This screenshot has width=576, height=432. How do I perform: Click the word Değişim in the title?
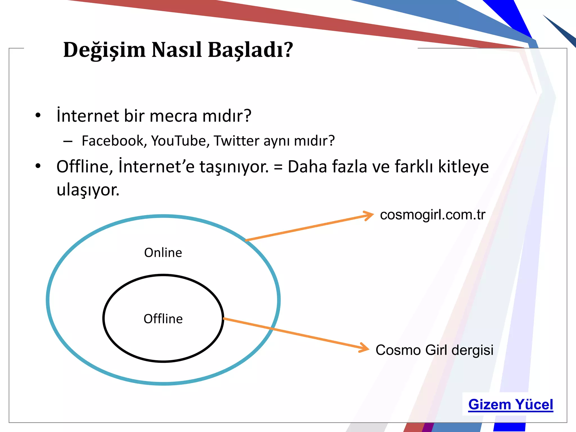(x=104, y=50)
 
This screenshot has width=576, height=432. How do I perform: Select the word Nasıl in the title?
(x=177, y=50)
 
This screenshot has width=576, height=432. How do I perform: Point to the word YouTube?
(x=180, y=141)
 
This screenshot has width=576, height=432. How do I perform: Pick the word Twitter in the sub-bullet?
(x=236, y=141)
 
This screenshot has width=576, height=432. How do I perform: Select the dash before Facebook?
(x=68, y=141)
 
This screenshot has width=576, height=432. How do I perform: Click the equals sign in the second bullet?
(x=278, y=167)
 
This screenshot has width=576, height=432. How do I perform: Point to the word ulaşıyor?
(x=88, y=190)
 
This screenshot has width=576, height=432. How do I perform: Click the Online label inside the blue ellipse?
(x=163, y=253)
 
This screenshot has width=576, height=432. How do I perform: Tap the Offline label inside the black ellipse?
(x=163, y=319)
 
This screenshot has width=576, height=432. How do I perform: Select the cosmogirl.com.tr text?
(x=433, y=215)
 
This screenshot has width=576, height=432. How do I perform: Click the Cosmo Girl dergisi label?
(x=434, y=350)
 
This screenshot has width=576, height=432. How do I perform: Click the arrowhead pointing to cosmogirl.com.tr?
(x=370, y=216)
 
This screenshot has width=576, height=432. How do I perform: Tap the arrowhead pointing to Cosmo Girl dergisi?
(x=365, y=348)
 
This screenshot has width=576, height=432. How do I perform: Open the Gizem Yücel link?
(x=510, y=405)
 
